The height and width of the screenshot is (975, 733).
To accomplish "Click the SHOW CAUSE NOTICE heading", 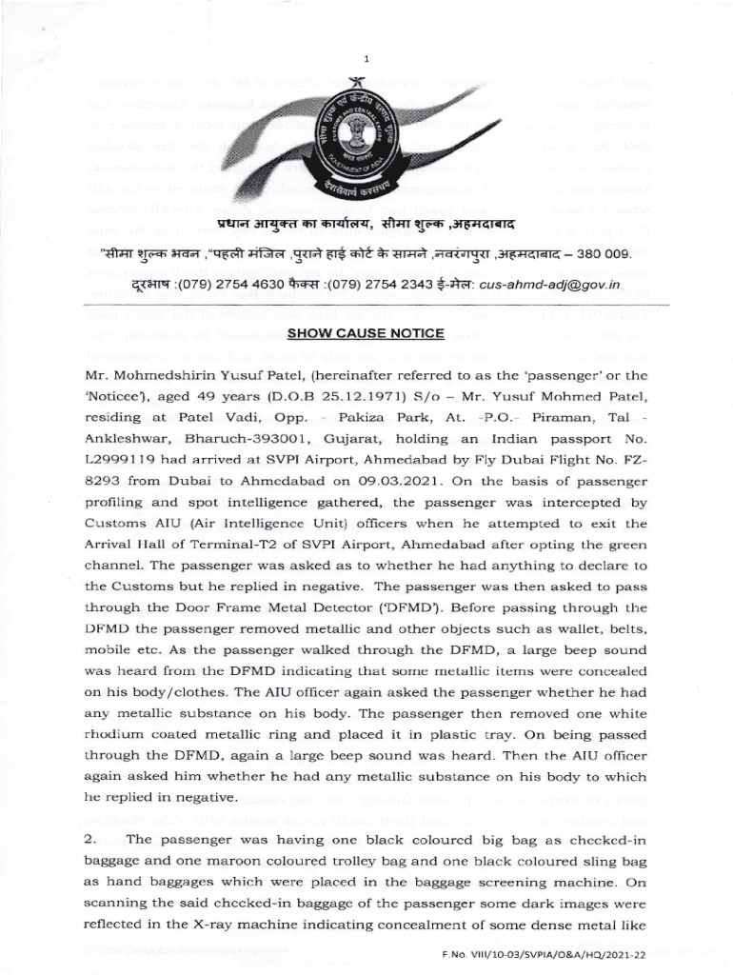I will point(366,333).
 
